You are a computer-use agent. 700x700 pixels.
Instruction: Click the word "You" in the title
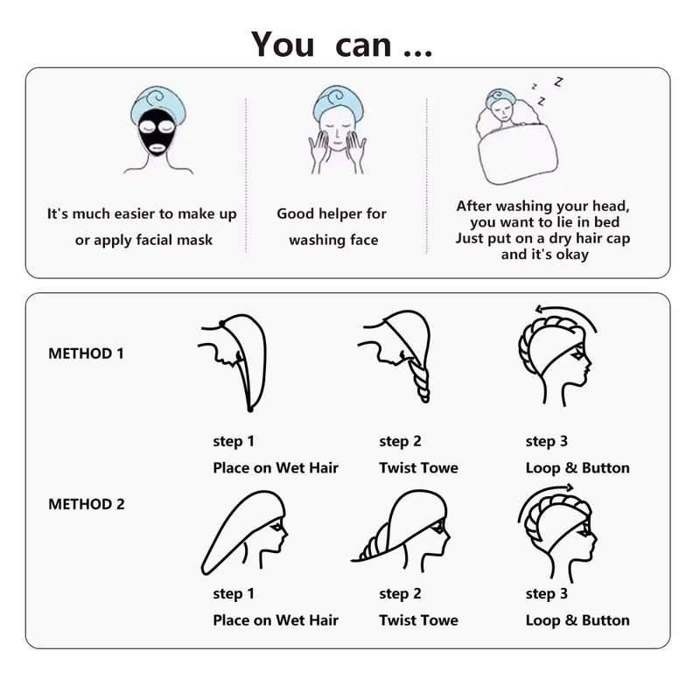(283, 45)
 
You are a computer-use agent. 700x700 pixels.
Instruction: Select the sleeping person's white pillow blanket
(518, 154)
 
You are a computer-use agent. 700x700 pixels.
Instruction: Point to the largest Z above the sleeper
(558, 81)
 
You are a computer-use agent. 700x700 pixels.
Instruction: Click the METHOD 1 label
(86, 353)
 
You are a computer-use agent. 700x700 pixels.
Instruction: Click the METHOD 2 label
(86, 504)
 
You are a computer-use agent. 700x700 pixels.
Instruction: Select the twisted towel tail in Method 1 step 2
(420, 380)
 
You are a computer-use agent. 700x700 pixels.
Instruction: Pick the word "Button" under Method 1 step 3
(605, 468)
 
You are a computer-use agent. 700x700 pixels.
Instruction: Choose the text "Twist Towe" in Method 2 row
(419, 620)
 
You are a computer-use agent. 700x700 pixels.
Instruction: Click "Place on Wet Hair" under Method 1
(276, 468)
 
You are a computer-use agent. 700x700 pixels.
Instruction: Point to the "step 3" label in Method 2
(546, 594)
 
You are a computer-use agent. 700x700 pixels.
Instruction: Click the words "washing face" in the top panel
(333, 240)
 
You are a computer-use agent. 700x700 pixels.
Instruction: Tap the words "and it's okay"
(544, 255)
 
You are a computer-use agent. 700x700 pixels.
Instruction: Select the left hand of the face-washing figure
(318, 151)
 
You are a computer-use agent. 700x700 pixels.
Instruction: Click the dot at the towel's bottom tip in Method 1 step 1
(250, 409)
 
